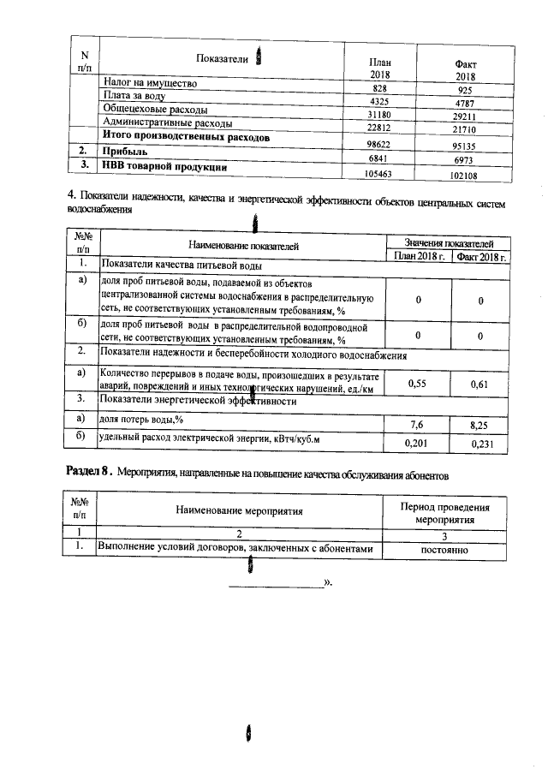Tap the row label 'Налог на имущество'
pos(150,84)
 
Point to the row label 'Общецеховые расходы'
pos(159,110)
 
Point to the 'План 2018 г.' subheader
pos(418,256)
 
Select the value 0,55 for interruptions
pos(417,385)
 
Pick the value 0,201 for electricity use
pos(417,444)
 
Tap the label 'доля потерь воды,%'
pos(142,420)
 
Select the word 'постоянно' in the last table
pos(444,549)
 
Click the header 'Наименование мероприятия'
pos(239,511)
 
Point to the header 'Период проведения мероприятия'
pos(444,512)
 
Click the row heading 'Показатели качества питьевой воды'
pos(182,265)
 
